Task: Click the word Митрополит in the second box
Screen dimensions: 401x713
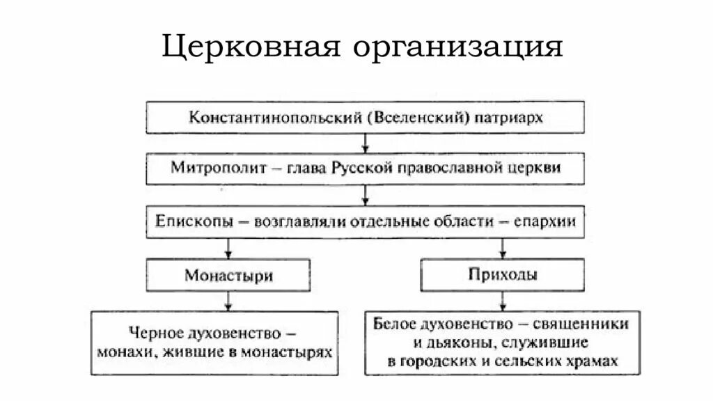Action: (x=206, y=168)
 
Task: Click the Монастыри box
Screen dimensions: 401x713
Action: (x=228, y=275)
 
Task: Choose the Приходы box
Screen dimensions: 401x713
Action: (x=501, y=274)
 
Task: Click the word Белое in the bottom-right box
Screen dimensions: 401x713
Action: (x=395, y=324)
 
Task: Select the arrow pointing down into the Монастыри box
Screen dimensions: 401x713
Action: (x=228, y=249)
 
